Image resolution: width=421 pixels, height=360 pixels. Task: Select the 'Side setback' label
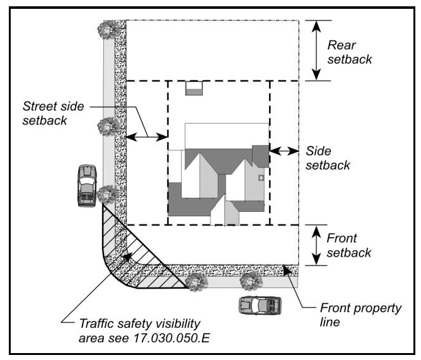(x=327, y=158)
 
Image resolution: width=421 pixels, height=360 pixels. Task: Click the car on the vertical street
(x=86, y=185)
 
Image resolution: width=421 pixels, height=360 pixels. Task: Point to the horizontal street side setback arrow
(x=146, y=136)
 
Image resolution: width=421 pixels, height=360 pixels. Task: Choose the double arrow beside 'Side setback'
(x=284, y=151)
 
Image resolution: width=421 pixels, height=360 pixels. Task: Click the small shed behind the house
(x=195, y=88)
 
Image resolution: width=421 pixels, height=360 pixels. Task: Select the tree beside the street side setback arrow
(x=108, y=126)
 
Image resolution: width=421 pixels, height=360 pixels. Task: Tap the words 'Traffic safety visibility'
(x=139, y=324)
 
